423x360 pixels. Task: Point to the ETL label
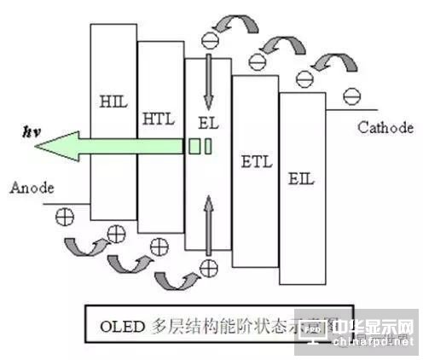coord(256,160)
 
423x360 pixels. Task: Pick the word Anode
coord(33,188)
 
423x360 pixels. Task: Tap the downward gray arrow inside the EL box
coord(207,80)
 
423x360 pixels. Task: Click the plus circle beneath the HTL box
coord(156,247)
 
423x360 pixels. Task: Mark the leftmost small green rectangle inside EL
coord(194,147)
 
